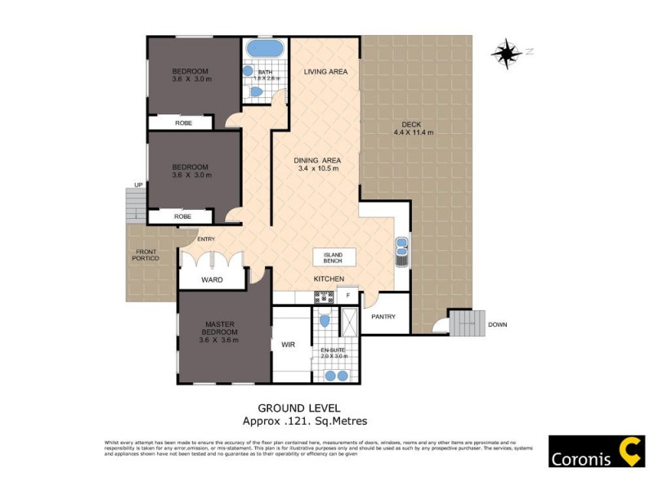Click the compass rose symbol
point(506,52)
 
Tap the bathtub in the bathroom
point(264,48)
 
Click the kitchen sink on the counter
point(402,252)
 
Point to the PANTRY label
point(383,317)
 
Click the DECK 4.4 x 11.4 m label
point(413,128)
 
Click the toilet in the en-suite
point(325,320)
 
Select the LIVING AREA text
point(325,72)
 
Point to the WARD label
point(212,280)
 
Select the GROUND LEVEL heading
point(298,408)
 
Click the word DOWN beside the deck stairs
point(497,325)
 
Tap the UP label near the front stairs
point(138,185)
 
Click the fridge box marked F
point(348,294)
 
